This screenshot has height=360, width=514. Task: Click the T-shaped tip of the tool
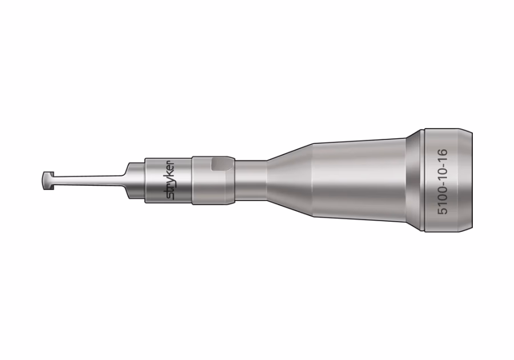coord(47,181)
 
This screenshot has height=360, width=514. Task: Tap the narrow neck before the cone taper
coord(251,181)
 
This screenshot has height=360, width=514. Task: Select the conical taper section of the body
coord(291,181)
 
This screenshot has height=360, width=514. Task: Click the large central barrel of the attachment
coord(360,181)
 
